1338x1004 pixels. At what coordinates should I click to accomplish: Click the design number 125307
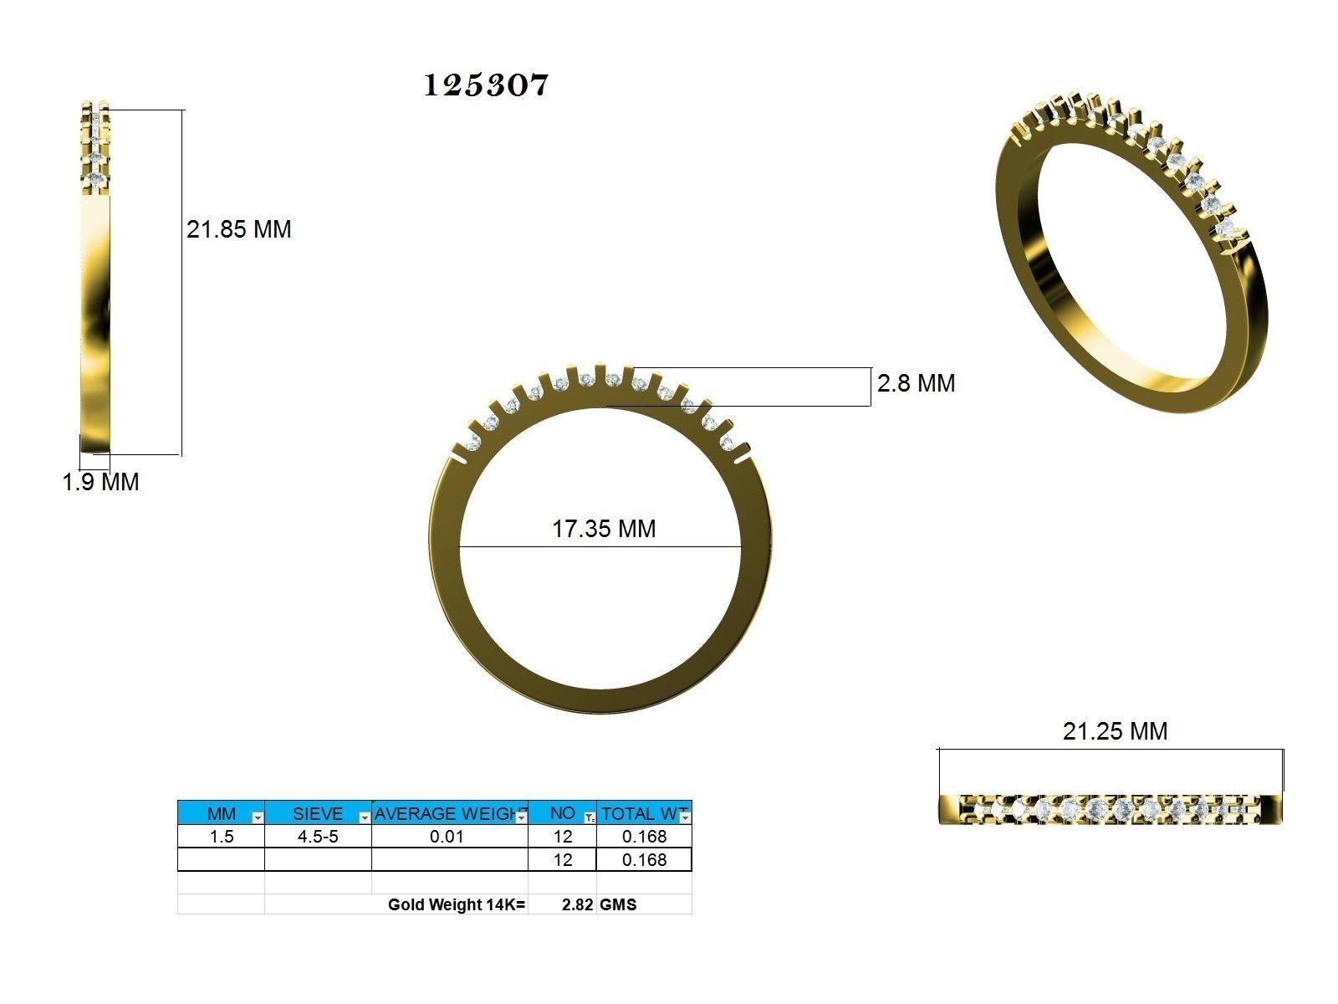tap(486, 85)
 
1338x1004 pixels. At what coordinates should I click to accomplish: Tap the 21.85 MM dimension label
tap(238, 229)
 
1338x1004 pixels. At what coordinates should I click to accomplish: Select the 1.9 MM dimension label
tap(100, 482)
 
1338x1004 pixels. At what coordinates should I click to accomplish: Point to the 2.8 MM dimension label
tap(916, 383)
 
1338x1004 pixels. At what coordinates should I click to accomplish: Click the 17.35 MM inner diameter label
tap(604, 529)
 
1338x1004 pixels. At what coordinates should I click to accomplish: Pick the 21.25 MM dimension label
tap(1115, 731)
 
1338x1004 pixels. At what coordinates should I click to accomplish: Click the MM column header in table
tap(221, 813)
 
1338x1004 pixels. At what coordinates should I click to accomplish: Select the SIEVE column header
tap(317, 813)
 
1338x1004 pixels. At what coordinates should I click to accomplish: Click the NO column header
tap(561, 813)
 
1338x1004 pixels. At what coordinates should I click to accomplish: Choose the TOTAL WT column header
tap(640, 813)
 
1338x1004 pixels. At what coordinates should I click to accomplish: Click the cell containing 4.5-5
tap(318, 837)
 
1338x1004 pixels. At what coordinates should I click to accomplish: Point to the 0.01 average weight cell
tap(447, 837)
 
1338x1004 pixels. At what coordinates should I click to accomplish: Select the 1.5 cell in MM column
tap(222, 837)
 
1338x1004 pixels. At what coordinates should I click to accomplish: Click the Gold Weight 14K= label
tap(457, 904)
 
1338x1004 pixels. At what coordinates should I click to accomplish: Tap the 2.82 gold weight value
tap(577, 904)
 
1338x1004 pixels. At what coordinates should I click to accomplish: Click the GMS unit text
tap(618, 904)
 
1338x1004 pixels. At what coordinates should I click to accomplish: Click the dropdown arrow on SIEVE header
tap(365, 817)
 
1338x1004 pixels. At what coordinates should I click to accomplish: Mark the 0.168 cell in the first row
tap(644, 837)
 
